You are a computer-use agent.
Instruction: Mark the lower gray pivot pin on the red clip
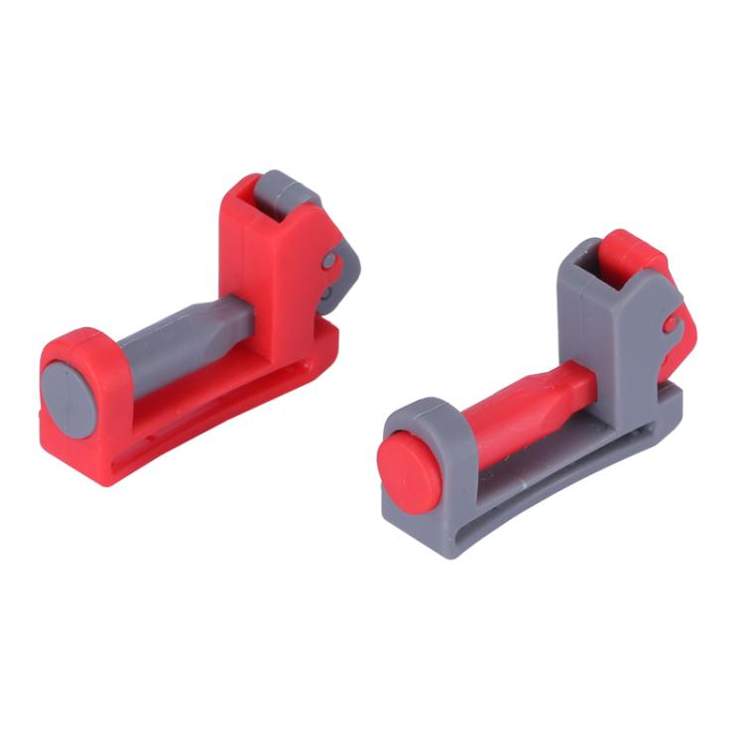pos(326,294)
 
